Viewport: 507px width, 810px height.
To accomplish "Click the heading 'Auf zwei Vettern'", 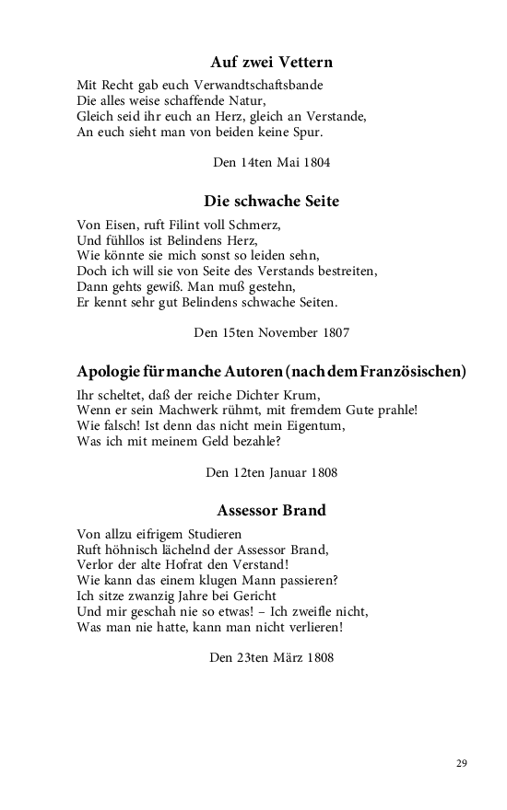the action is [271, 63].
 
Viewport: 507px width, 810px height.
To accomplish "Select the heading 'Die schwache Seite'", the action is [271, 201].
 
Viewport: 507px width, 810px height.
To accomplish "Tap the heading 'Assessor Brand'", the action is [271, 509].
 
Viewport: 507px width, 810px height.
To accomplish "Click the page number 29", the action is [462, 763].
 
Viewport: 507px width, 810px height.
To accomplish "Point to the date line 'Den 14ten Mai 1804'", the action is [271, 162].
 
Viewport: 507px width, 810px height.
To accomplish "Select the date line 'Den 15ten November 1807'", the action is [271, 331].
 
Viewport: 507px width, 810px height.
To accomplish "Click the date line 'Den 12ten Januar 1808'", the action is [271, 473].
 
